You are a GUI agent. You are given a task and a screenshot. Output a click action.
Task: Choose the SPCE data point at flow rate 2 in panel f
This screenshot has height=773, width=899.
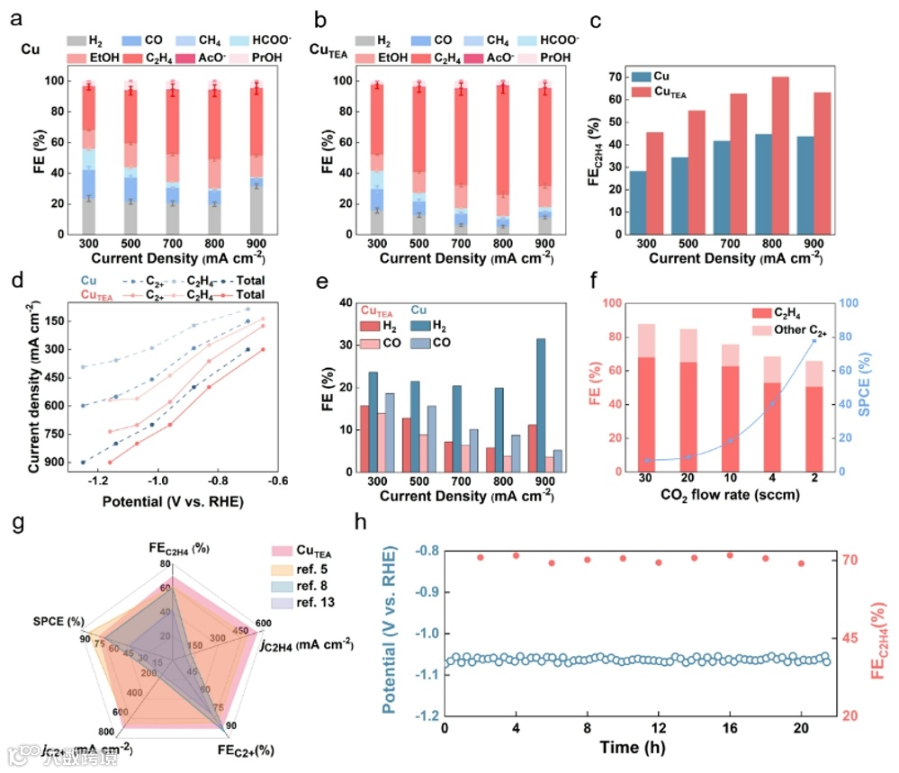(x=814, y=340)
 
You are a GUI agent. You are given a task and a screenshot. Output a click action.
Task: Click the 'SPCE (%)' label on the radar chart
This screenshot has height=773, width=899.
(x=58, y=622)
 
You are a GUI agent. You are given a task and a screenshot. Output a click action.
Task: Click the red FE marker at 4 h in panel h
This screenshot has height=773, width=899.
(x=516, y=555)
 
